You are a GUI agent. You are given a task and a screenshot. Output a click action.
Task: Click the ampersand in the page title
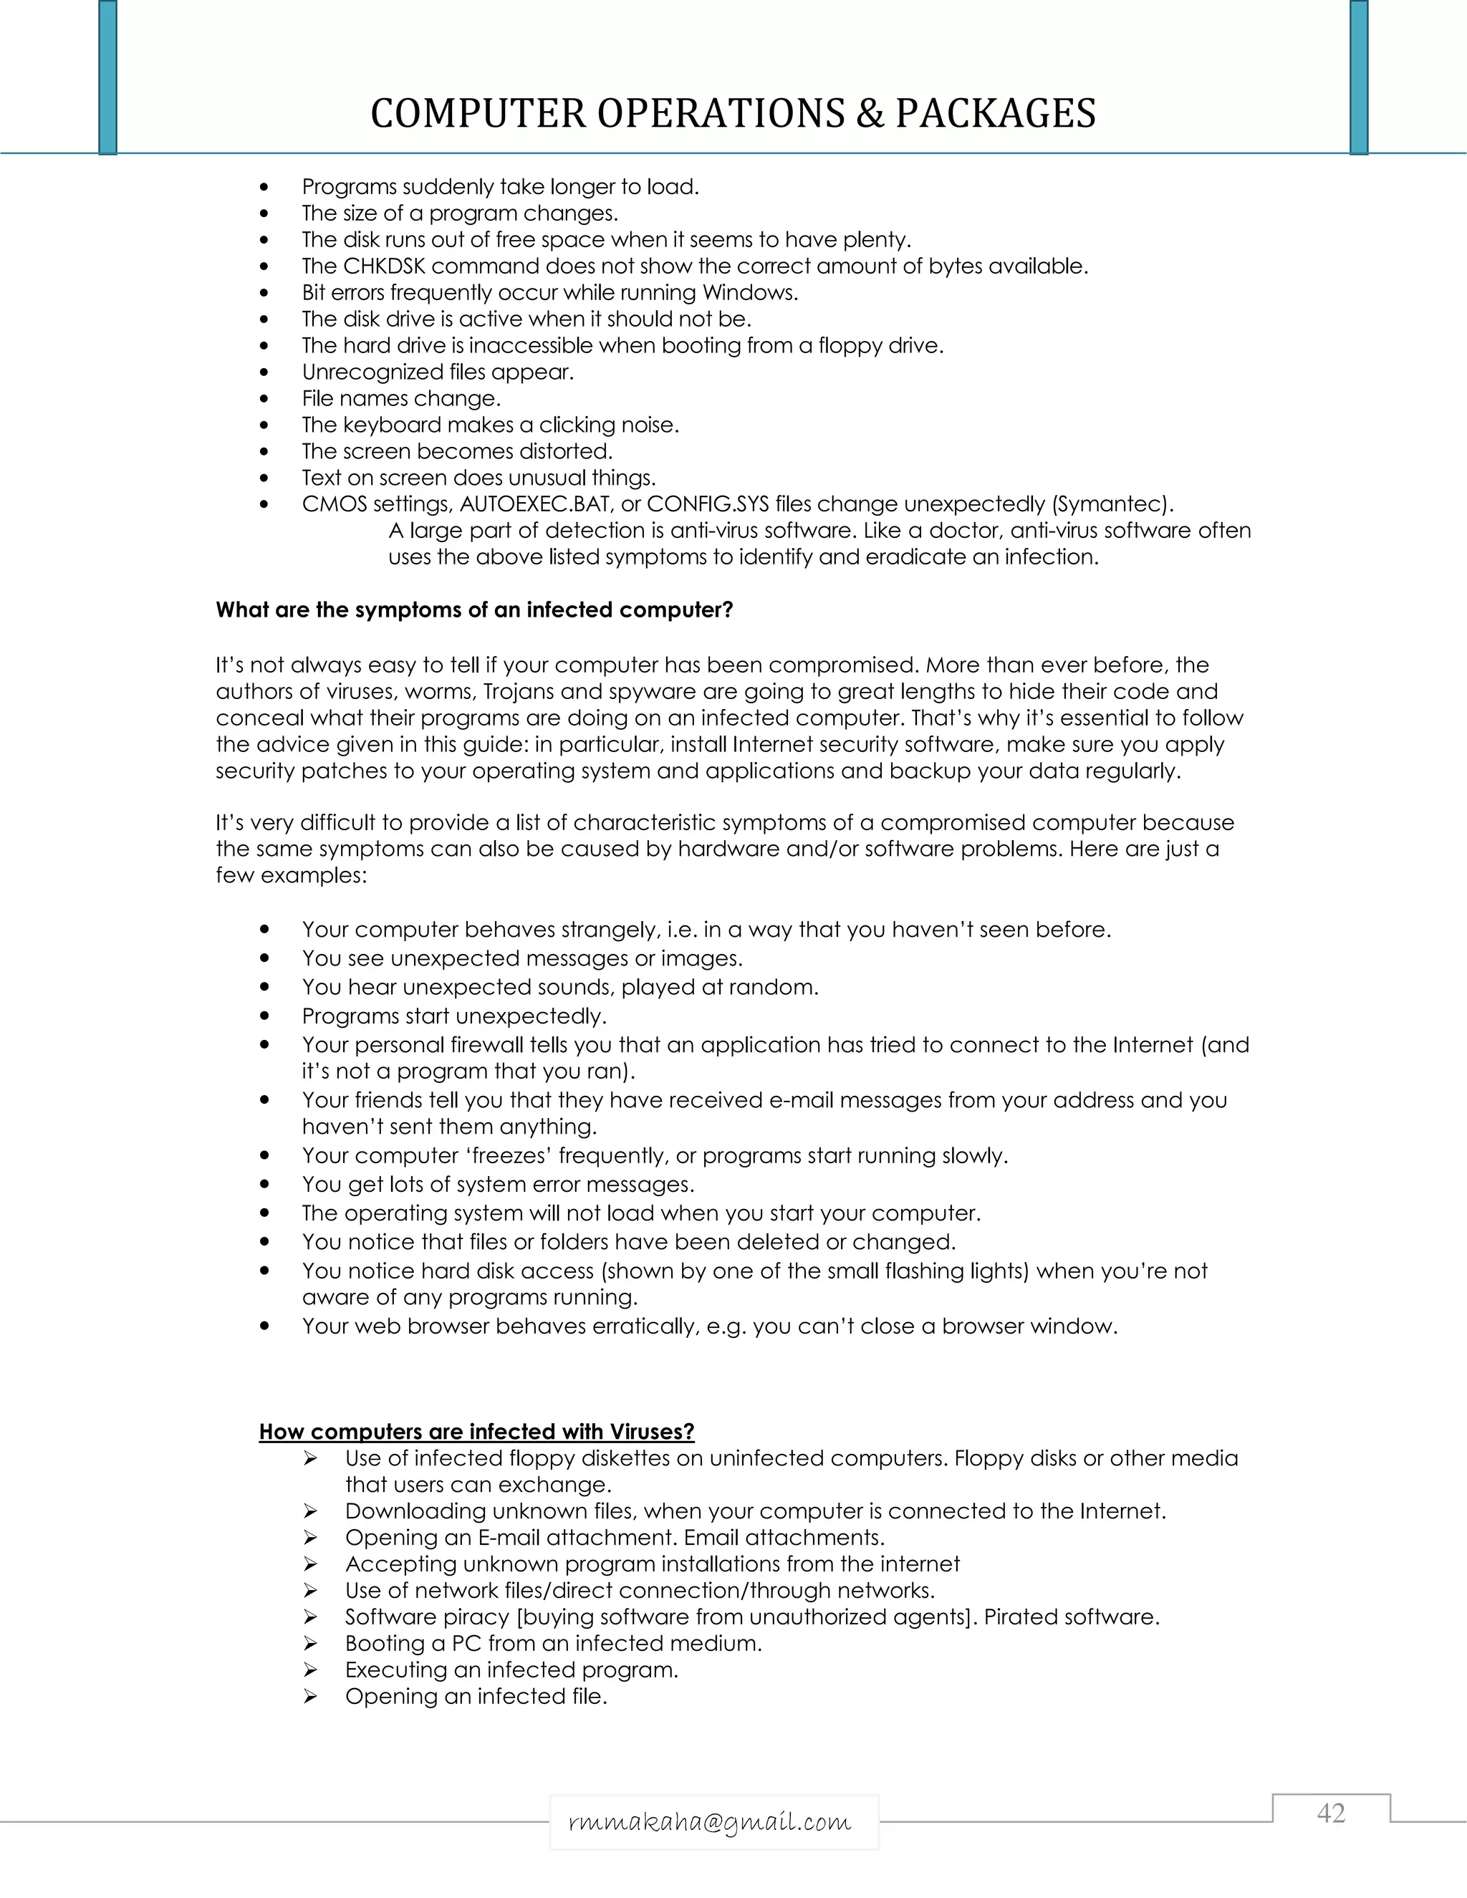868,114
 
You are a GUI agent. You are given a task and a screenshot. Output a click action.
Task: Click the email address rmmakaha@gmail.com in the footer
710,1821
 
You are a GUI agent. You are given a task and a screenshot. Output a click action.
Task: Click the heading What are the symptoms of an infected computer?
474,610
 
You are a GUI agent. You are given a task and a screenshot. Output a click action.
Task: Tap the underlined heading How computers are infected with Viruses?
476,1431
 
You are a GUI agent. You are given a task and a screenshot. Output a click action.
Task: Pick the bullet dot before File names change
265,400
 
